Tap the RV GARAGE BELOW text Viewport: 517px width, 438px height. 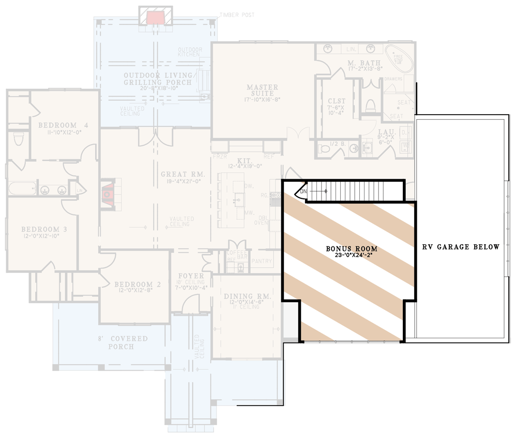click(x=461, y=247)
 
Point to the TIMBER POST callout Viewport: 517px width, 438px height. click(x=237, y=15)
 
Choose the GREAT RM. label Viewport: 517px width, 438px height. click(x=183, y=174)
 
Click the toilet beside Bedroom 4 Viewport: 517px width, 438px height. click(x=19, y=139)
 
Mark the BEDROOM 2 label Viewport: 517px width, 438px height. click(x=134, y=285)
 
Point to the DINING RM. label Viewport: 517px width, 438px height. click(x=248, y=296)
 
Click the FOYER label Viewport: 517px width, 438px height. click(x=191, y=276)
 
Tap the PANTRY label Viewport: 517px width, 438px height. click(x=262, y=261)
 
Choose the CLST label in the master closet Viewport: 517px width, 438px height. click(x=337, y=101)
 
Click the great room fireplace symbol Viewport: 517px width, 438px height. click(x=109, y=194)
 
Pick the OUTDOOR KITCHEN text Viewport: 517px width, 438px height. click(x=190, y=52)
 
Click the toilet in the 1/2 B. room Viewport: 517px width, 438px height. click(x=325, y=149)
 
